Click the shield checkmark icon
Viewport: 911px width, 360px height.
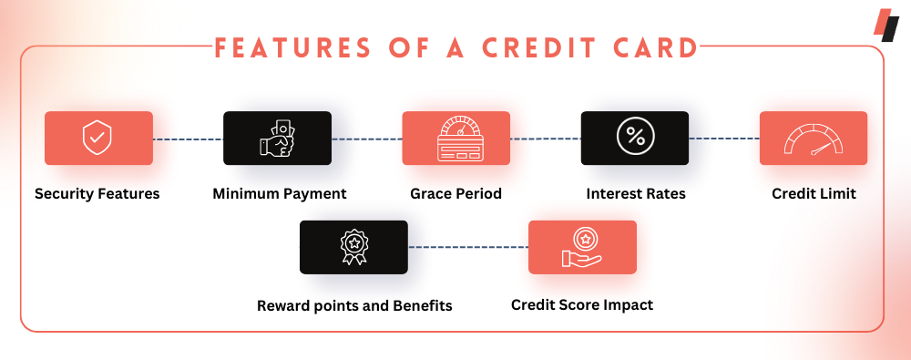click(x=97, y=138)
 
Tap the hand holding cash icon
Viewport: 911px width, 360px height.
click(x=277, y=138)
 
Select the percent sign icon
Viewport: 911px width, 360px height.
click(x=635, y=138)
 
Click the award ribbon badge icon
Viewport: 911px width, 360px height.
click(x=353, y=247)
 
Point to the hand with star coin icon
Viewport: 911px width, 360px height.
click(x=582, y=247)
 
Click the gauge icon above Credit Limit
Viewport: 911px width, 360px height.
click(x=814, y=139)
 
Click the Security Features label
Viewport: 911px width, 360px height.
click(x=97, y=193)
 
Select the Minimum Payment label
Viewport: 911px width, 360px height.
click(x=280, y=193)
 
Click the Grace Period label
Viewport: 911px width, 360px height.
click(x=456, y=193)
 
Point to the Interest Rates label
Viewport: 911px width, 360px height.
click(x=636, y=193)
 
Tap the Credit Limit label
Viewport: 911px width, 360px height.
click(x=814, y=193)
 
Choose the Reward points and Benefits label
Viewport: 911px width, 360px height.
click(x=354, y=305)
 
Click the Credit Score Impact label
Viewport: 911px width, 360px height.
click(x=582, y=304)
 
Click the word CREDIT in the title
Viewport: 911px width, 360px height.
click(x=541, y=47)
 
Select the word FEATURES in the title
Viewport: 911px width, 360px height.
click(x=292, y=47)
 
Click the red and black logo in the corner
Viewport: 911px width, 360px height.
click(x=886, y=25)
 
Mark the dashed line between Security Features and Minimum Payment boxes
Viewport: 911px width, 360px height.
click(x=189, y=139)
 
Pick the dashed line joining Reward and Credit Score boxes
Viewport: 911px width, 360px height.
click(x=467, y=247)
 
